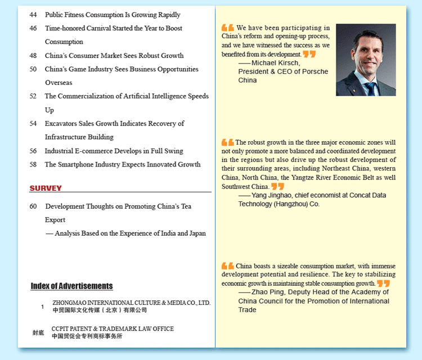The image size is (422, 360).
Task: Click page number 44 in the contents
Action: tap(33, 15)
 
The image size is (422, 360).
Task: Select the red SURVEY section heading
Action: tap(46, 188)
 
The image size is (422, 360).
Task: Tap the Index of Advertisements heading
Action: tap(71, 286)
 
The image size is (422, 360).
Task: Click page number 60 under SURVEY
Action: tap(33, 206)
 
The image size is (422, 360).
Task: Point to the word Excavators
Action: tap(63, 124)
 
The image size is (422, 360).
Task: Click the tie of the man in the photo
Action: tap(370, 88)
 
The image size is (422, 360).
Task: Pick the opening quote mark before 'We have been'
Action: tap(228, 28)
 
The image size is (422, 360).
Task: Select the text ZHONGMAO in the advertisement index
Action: tap(70, 303)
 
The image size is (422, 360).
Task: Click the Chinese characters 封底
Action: tap(38, 333)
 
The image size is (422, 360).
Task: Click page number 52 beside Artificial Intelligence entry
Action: tap(33, 97)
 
